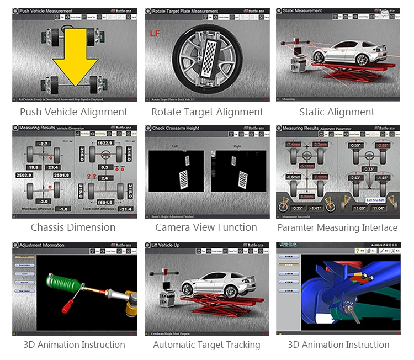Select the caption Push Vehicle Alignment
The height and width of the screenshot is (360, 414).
pos(73,112)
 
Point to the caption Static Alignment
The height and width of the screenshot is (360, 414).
pos(337,112)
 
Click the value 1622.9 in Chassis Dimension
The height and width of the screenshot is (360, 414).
pos(105,142)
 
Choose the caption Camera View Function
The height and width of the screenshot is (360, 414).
pos(206,227)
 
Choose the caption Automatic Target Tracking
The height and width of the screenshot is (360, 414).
pos(206,345)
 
